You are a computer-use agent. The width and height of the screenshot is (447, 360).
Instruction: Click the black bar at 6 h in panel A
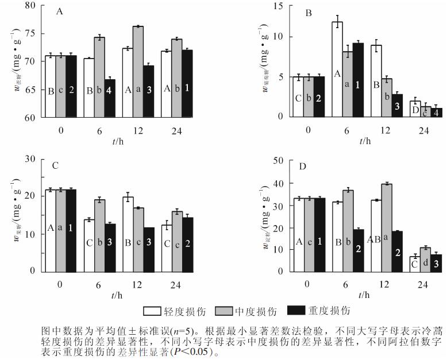click(110, 98)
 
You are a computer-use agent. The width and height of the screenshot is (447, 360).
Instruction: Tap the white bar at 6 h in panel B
click(337, 69)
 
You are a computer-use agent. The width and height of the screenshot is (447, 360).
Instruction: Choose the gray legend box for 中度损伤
click(222, 311)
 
